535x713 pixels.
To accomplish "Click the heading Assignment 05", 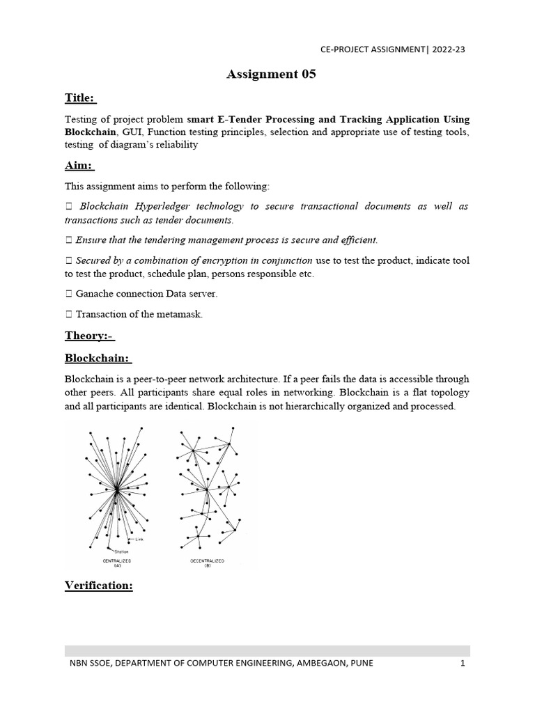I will click(x=271, y=75).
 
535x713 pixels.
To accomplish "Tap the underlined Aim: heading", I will click(x=79, y=166).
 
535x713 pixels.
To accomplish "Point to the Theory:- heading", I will click(x=89, y=336).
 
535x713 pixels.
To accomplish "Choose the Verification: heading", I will click(x=98, y=586).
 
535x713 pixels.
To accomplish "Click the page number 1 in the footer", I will click(x=462, y=663).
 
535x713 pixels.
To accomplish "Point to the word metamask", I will click(x=180, y=314).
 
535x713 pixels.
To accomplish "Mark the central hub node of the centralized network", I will click(x=117, y=490).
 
